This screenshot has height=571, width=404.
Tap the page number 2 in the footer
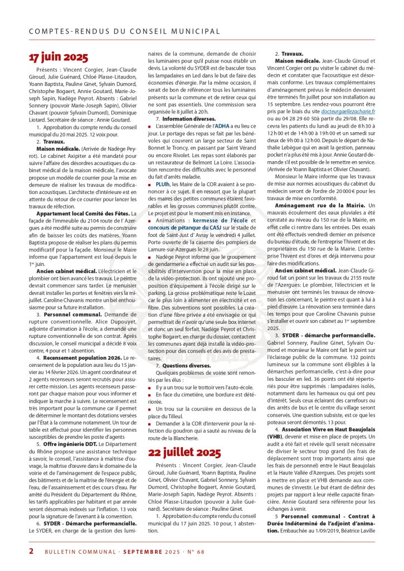pos(31,551)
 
